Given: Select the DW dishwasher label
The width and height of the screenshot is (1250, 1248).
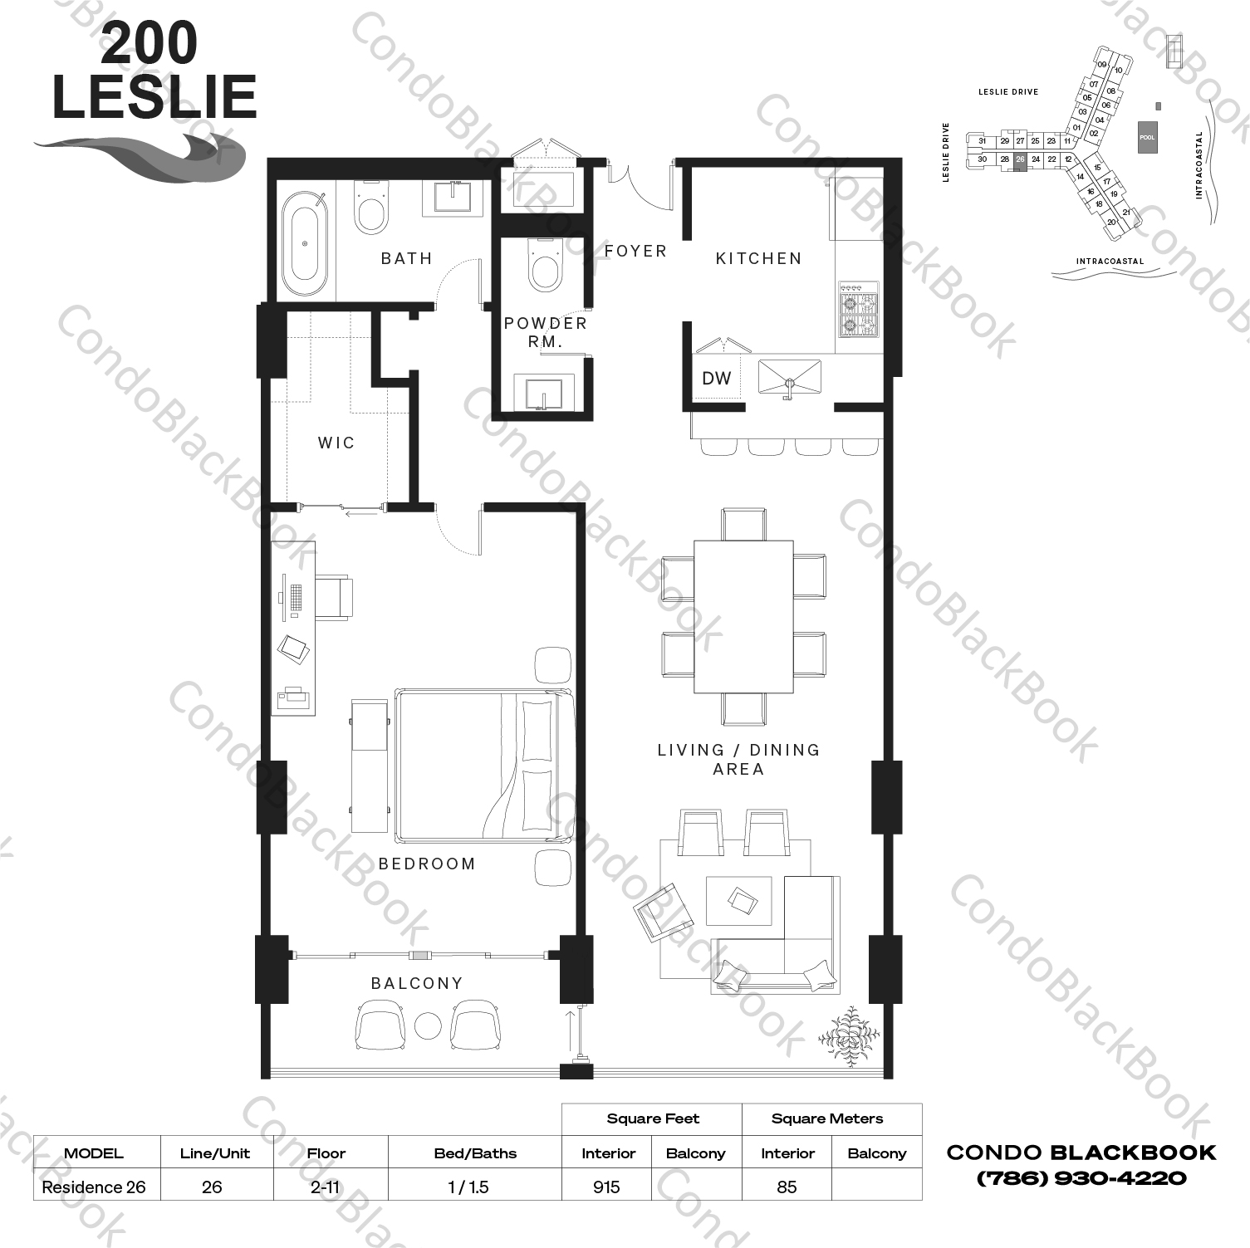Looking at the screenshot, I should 716,379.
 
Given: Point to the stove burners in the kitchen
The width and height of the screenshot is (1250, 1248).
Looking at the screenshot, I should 858,310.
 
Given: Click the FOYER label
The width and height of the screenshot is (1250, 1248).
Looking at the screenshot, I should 635,251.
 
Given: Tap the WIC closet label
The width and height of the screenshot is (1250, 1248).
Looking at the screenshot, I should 336,443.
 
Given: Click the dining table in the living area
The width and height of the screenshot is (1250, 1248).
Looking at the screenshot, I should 743,616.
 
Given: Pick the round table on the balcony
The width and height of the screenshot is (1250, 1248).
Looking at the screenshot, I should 428,1026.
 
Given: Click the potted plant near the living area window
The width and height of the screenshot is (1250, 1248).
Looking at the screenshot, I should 847,1036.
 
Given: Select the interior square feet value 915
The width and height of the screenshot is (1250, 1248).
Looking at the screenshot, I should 607,1187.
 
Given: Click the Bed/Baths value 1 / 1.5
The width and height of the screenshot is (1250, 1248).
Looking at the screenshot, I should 468,1187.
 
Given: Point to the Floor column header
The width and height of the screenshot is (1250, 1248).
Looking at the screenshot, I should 326,1153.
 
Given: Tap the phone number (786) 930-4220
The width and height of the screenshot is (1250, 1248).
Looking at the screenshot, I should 1081,1177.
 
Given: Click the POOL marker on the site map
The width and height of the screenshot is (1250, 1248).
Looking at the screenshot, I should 1146,137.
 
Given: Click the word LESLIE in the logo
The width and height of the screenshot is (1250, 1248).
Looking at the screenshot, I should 154,98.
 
